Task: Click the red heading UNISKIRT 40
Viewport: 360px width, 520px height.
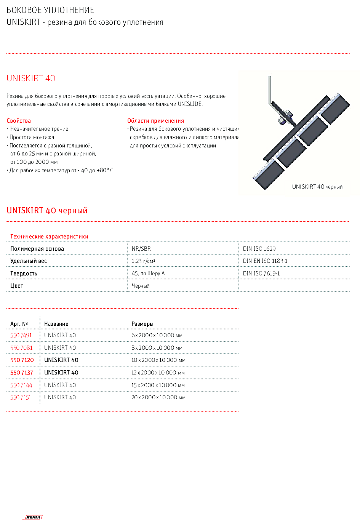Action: (31, 78)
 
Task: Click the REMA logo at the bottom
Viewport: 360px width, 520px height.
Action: (33, 517)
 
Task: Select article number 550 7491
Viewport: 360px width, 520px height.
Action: (21, 336)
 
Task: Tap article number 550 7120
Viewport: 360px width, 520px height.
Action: (22, 360)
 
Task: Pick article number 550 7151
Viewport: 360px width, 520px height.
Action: (21, 398)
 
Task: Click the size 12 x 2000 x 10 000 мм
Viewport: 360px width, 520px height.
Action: (158, 373)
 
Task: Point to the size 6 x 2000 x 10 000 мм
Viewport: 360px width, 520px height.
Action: (157, 336)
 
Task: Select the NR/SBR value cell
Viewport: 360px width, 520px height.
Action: (141, 249)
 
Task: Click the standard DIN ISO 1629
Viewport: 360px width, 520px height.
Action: (259, 249)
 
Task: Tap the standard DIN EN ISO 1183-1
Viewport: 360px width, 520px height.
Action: (265, 261)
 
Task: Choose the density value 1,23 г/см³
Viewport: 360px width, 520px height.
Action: (143, 261)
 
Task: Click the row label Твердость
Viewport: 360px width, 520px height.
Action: (24, 274)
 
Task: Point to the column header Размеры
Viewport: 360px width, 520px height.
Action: (142, 324)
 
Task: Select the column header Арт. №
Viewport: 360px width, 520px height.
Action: (19, 324)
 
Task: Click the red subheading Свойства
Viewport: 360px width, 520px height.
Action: (19, 121)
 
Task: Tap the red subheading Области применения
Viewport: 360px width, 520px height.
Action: (155, 121)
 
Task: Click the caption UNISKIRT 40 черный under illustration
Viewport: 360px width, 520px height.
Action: (317, 187)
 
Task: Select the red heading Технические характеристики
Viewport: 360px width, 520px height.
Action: (49, 237)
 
